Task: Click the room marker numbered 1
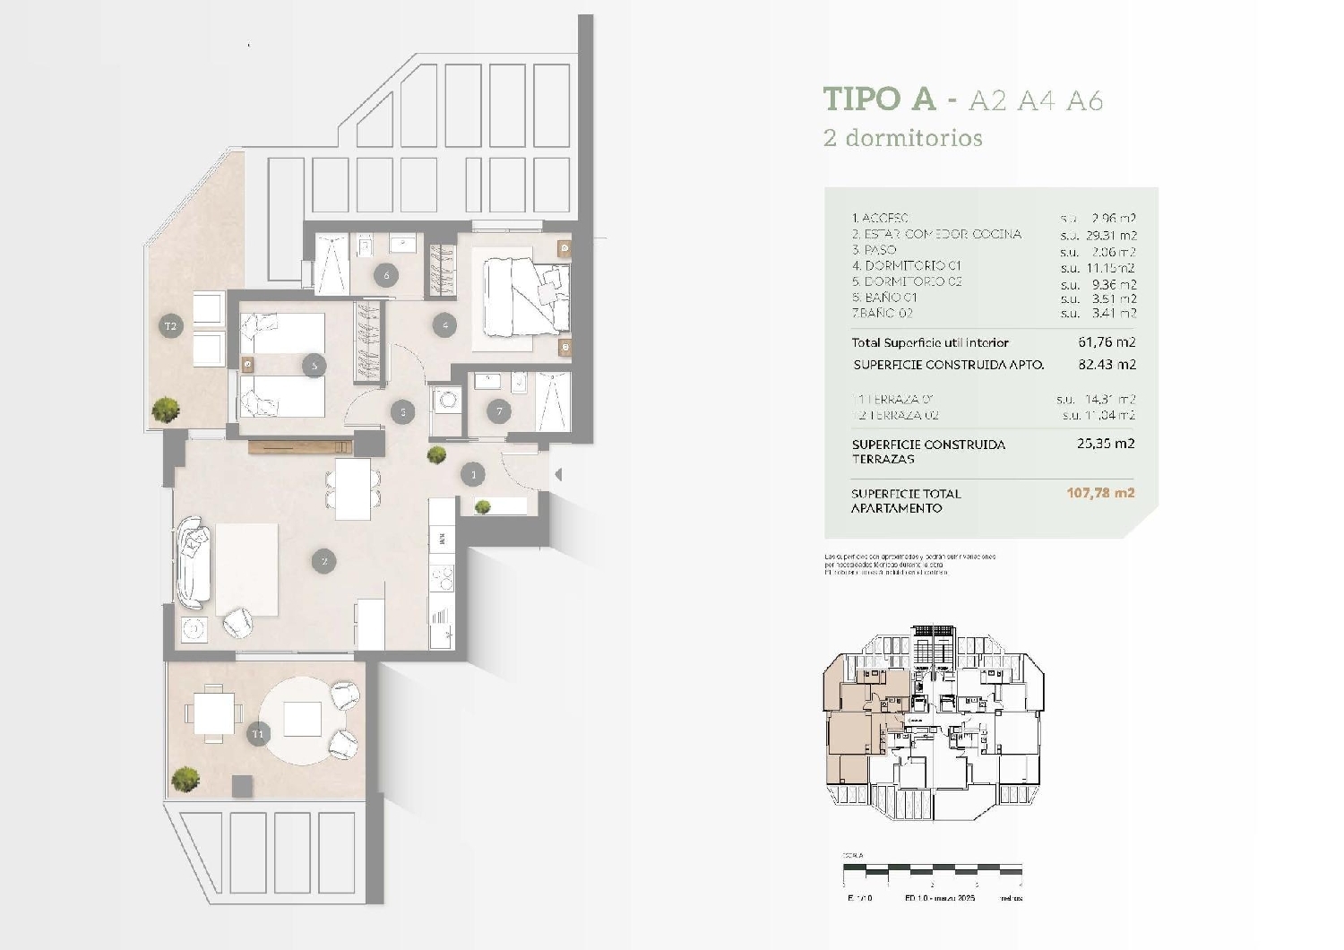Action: pos(473,474)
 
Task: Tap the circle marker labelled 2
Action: pos(323,562)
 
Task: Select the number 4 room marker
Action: pos(445,325)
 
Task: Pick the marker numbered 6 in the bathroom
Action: pos(387,275)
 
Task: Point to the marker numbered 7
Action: pos(499,411)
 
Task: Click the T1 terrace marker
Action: pos(259,734)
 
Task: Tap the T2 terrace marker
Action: pos(170,326)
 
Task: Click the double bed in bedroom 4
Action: pos(524,293)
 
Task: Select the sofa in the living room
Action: pos(194,562)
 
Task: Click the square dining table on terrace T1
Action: pos(214,714)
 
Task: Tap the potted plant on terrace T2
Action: pos(166,410)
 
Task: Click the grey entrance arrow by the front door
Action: pos(557,474)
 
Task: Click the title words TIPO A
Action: pos(879,99)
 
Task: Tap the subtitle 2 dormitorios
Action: pos(903,138)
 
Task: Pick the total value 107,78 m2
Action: pos(1100,493)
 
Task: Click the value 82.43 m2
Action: pos(1107,365)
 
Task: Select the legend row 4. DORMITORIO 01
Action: pos(907,266)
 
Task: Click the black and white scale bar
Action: pos(932,869)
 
